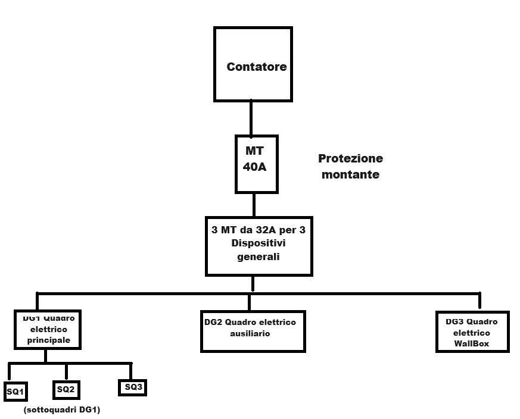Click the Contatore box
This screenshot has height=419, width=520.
pos(253,64)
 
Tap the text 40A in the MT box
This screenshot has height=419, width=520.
pos(254,167)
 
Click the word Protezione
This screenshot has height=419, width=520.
pos(350,159)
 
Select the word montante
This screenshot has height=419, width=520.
pos(350,176)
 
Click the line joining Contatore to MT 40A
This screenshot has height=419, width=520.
pos(251,118)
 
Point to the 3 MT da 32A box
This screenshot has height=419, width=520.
pos(259,245)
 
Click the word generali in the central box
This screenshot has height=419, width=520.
pos(258,258)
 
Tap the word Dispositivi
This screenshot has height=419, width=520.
pos(259,244)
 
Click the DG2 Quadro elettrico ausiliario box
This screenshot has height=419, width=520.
pos(253,330)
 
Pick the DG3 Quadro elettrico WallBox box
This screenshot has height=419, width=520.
pos(472,331)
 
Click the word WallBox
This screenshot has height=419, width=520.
pos(472,343)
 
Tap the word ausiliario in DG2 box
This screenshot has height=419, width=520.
pos(250,334)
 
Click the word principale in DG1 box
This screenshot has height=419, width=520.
pos(49,340)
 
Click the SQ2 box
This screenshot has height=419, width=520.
pos(66,389)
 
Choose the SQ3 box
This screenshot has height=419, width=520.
pos(132,387)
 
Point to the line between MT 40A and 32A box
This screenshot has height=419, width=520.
pos(254,205)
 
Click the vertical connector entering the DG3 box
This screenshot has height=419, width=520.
pos(479,302)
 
